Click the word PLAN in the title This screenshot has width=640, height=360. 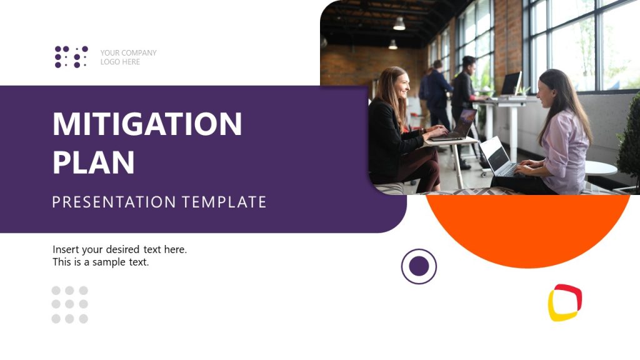click(94, 162)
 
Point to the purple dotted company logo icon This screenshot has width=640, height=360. click(71, 57)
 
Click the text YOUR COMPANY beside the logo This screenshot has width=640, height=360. click(128, 53)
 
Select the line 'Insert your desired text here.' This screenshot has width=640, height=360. click(119, 249)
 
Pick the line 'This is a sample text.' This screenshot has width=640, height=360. click(101, 262)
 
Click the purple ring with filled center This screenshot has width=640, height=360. click(419, 266)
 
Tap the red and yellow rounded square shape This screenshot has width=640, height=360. click(565, 302)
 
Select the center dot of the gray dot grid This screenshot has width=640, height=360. click(69, 304)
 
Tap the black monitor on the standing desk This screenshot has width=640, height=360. click(511, 83)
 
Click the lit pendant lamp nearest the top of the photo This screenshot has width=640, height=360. click(399, 24)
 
